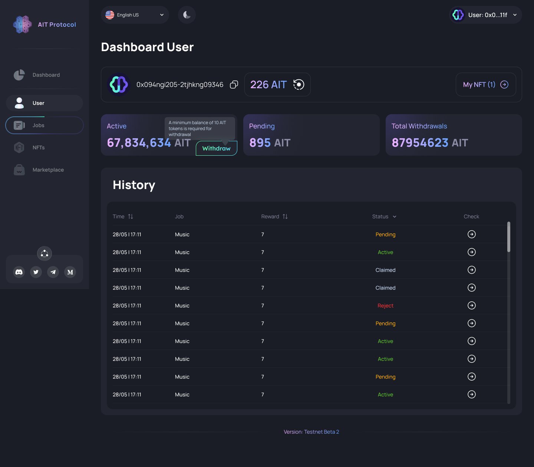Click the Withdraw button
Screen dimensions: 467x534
click(x=217, y=149)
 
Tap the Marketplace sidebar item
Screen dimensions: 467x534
click(x=48, y=170)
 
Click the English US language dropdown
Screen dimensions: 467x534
click(x=135, y=15)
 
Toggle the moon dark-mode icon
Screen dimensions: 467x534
click(x=187, y=15)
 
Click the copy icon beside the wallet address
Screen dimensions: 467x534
click(x=234, y=85)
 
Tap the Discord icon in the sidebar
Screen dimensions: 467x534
click(x=19, y=272)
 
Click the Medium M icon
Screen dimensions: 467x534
click(x=70, y=272)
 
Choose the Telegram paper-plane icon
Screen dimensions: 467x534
click(x=53, y=272)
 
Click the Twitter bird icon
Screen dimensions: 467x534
click(x=36, y=272)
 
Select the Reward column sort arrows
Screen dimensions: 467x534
click(x=285, y=216)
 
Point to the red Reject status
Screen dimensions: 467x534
click(x=385, y=306)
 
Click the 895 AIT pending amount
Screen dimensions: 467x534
click(x=270, y=143)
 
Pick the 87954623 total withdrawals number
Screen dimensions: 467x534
click(x=420, y=143)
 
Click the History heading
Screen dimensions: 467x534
click(x=134, y=185)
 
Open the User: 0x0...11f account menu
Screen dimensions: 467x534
click(x=485, y=15)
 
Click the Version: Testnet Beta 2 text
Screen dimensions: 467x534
click(x=311, y=432)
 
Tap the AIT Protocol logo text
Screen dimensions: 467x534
click(x=57, y=24)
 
